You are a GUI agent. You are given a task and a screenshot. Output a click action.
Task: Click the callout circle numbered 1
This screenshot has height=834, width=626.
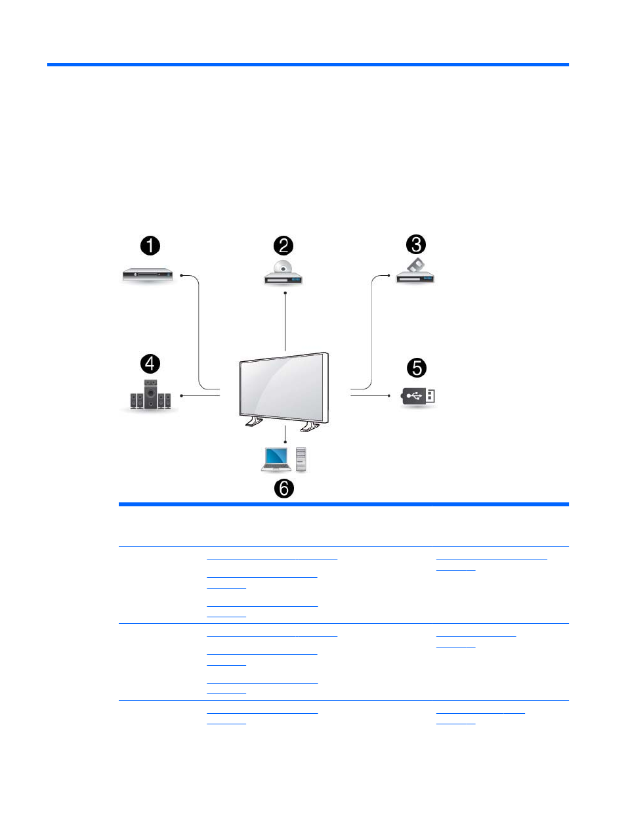[150, 246]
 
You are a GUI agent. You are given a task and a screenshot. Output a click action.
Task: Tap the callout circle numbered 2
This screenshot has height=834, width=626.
[283, 246]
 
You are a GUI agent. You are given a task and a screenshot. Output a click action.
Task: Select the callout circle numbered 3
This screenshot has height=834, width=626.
[416, 244]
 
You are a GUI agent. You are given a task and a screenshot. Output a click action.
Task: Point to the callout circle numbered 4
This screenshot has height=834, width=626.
[150, 364]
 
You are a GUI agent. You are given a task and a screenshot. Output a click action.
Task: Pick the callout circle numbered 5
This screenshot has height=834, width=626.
[417, 368]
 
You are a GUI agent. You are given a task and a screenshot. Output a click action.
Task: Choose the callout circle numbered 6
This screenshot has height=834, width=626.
[284, 488]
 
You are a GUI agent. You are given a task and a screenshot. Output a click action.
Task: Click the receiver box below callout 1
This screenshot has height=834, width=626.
[148, 274]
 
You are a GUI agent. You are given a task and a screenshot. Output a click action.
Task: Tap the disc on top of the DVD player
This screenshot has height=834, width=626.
[283, 267]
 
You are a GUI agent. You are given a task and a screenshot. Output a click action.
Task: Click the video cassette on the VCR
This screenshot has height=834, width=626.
[415, 265]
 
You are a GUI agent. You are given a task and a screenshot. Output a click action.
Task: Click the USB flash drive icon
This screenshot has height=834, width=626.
[418, 396]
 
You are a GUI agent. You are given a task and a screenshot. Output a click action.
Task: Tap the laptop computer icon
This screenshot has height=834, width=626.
[276, 460]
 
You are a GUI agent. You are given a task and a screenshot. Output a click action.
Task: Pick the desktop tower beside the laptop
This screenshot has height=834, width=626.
[301, 460]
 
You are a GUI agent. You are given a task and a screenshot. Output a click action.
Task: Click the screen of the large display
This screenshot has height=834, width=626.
[282, 387]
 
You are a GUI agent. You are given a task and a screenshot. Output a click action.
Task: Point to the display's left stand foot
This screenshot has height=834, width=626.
[254, 422]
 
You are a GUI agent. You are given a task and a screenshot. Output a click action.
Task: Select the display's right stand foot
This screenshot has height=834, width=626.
[310, 427]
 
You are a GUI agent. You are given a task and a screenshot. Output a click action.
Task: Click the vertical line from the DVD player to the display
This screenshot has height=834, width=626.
[285, 322]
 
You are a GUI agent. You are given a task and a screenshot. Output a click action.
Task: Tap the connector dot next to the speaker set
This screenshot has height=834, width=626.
[182, 395]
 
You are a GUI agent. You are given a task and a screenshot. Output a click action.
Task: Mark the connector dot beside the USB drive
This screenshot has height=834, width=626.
[389, 395]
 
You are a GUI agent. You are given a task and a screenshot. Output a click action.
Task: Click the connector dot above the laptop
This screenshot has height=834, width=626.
[285, 442]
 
